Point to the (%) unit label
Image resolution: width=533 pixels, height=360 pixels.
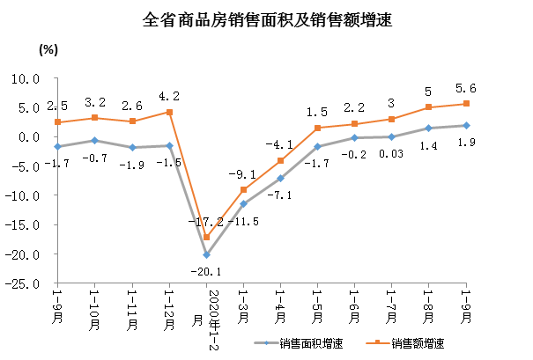[48, 50]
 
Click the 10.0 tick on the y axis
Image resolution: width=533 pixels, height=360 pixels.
[29, 78]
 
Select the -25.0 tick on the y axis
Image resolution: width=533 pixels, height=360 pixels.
[27, 283]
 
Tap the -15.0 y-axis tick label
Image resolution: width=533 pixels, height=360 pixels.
[27, 224]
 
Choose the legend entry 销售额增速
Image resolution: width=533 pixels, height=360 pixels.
[415, 342]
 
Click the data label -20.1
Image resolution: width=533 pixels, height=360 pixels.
[205, 272]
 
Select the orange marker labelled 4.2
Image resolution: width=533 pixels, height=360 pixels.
[169, 112]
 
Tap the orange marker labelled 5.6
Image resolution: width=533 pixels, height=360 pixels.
[466, 104]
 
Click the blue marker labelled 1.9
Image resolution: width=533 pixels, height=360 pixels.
[466, 125]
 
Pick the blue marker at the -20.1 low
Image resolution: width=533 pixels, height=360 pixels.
[206, 254]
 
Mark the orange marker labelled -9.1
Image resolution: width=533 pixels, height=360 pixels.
[243, 190]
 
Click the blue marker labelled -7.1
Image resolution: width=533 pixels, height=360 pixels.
[280, 178]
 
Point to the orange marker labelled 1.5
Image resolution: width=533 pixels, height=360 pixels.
[317, 128]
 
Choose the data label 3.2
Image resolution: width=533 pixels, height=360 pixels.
[94, 102]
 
